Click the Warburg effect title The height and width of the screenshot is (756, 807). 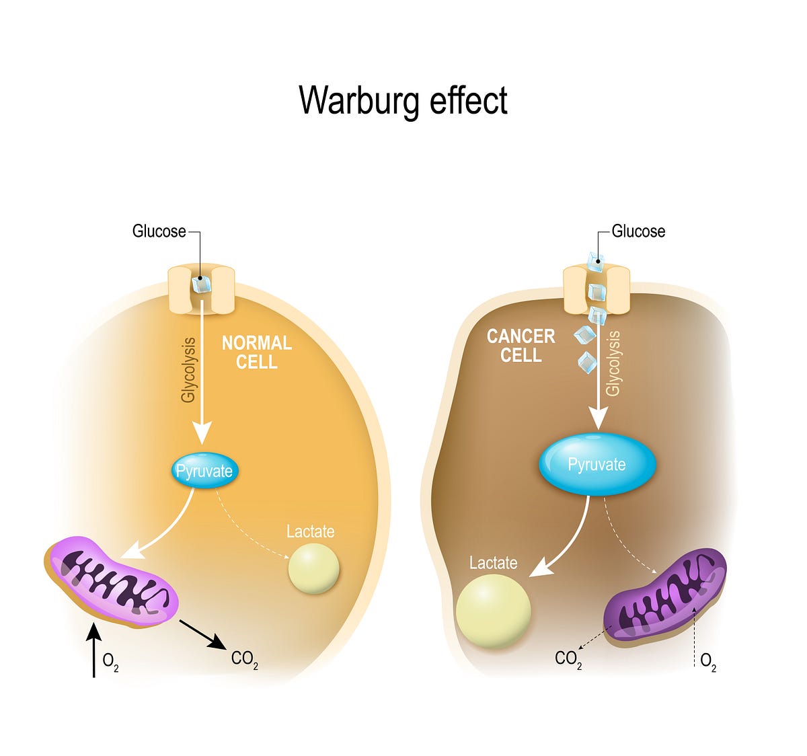pos(403,101)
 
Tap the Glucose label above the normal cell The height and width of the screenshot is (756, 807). pos(159,231)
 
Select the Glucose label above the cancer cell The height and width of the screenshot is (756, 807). pos(638,231)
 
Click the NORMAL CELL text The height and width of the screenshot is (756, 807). pos(257,352)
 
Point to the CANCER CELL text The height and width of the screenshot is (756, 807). pos(521,346)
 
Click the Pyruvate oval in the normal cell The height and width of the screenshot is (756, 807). pos(204,471)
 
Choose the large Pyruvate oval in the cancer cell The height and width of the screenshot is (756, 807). pos(597,465)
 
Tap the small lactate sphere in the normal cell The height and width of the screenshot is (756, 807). pos(313,569)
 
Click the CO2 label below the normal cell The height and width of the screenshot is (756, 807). pos(244,659)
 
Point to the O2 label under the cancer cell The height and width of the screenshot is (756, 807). pos(708,661)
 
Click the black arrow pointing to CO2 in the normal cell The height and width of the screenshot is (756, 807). pos(202,634)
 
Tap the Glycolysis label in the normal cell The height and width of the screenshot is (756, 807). pos(188,370)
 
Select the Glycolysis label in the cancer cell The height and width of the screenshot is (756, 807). pos(613,363)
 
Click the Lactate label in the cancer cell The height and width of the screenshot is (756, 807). pos(493,563)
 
